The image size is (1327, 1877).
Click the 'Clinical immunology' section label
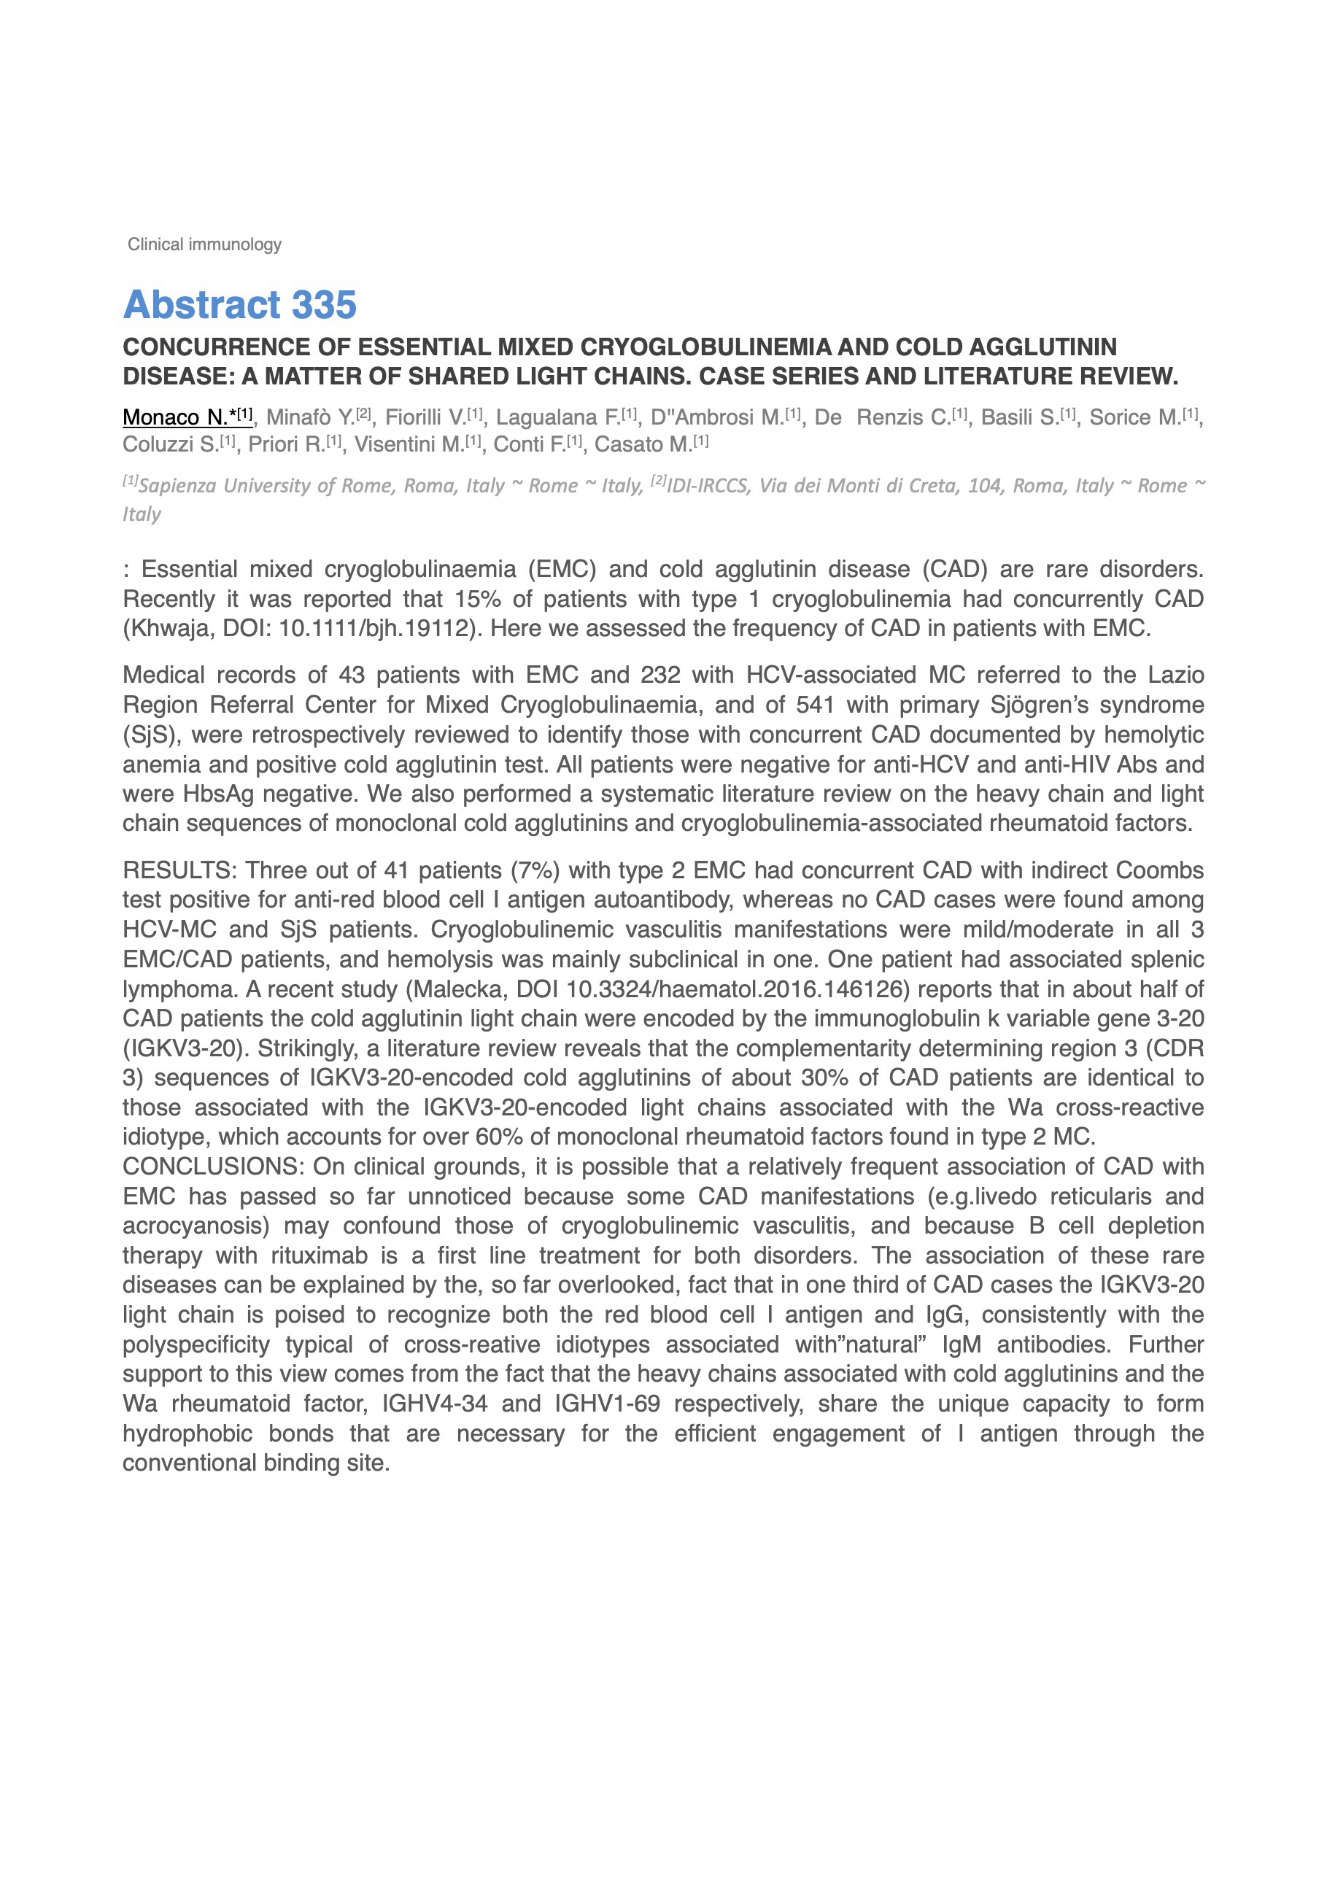204,244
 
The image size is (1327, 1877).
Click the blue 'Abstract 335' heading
239,305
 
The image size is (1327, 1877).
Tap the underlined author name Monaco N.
175,418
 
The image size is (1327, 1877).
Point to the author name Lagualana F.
558,418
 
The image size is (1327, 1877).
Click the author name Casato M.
643,445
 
